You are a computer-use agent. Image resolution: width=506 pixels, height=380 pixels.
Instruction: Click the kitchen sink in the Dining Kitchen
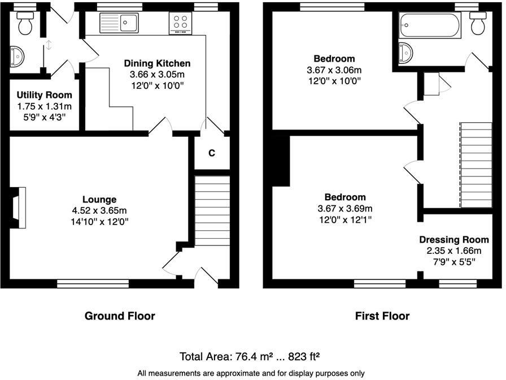pos(120,23)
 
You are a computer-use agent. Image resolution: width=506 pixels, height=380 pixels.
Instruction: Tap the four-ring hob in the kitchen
pos(181,23)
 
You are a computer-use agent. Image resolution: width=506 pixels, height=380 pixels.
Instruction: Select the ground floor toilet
pos(25,23)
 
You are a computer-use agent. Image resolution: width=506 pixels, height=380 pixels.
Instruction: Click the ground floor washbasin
pos(17,57)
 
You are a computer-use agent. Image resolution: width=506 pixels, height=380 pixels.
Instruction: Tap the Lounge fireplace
pos(19,208)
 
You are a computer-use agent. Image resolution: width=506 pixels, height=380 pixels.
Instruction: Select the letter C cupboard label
pos(212,153)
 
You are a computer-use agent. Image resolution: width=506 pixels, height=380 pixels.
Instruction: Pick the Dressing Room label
pos(453,240)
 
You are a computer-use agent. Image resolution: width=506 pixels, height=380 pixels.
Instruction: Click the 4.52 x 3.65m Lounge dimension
pos(99,210)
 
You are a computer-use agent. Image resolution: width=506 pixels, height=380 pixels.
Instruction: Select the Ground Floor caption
pos(120,316)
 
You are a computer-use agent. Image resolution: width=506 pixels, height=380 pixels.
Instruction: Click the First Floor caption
pos(382,316)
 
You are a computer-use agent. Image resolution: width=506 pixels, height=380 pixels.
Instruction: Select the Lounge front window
pos(93,283)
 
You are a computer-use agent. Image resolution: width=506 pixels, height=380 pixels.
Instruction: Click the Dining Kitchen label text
pos(157,63)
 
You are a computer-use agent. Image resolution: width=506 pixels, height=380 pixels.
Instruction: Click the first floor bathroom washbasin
pos(406,53)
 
